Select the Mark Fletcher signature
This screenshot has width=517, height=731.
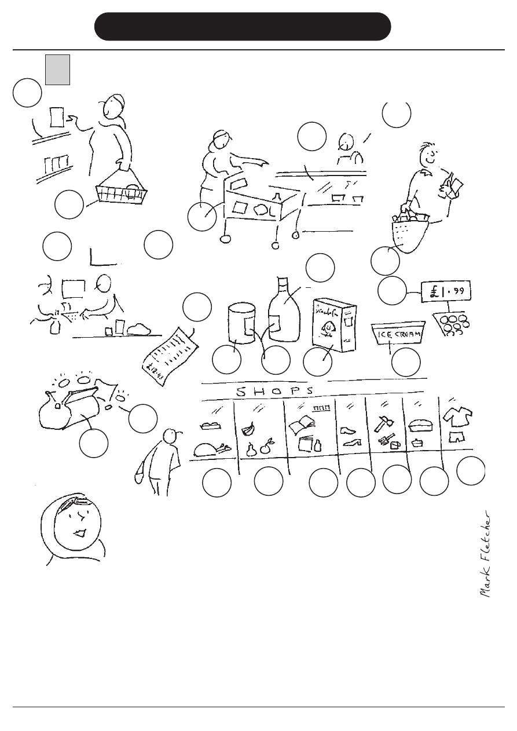(x=487, y=554)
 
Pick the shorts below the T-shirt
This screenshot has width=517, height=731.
(x=457, y=437)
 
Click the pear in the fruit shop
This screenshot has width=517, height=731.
(x=252, y=449)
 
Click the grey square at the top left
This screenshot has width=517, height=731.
(x=58, y=70)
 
